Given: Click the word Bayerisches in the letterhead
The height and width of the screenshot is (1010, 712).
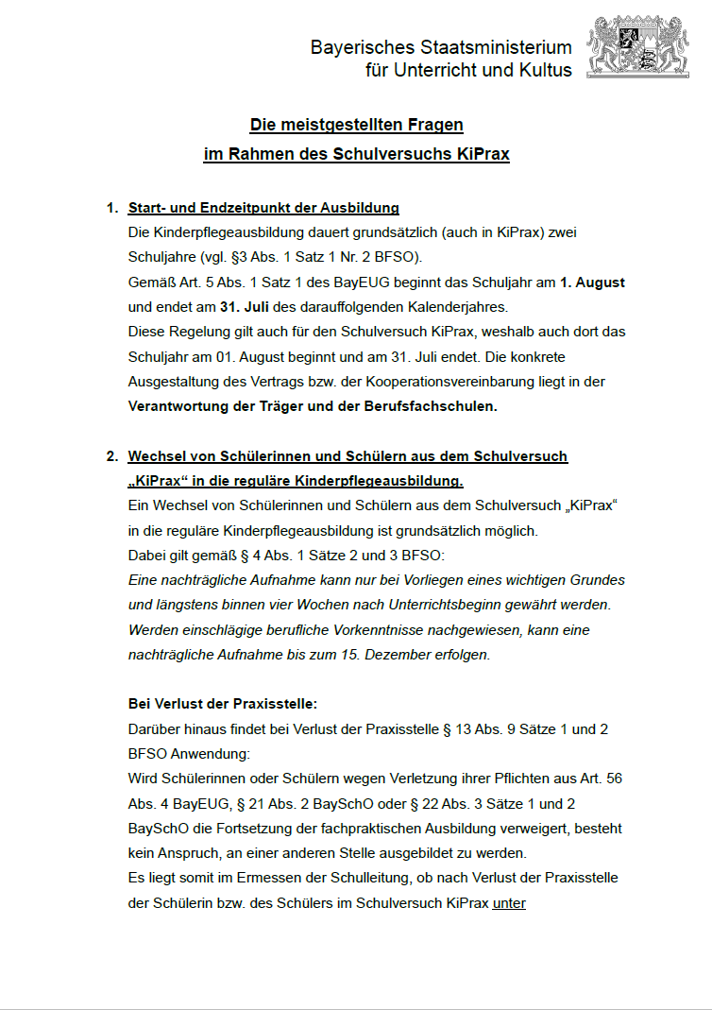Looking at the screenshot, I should click(x=356, y=48).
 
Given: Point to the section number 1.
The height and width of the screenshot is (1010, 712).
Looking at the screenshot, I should click(x=111, y=208).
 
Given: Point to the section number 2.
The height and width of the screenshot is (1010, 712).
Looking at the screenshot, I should click(x=111, y=456).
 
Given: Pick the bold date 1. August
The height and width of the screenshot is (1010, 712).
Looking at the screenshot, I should click(x=592, y=282).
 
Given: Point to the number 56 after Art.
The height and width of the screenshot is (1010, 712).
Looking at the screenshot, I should click(x=612, y=779).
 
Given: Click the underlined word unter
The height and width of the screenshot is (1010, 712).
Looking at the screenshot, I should click(x=509, y=902).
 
